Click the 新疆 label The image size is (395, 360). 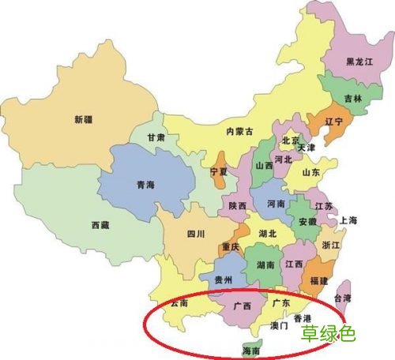tap(83, 119)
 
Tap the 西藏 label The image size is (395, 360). tap(100, 225)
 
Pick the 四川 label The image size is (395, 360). tap(195, 234)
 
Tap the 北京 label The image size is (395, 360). tap(291, 141)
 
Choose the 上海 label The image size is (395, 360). tap(348, 220)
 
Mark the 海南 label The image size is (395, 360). tap(250, 350)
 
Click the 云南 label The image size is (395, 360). tap(179, 302)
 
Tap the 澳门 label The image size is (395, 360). tap(280, 324)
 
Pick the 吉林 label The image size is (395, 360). tap(352, 99)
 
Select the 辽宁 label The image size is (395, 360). tap(312, 123)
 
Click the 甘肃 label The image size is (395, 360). tap(156, 137)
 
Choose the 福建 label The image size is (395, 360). tap(319, 280)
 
